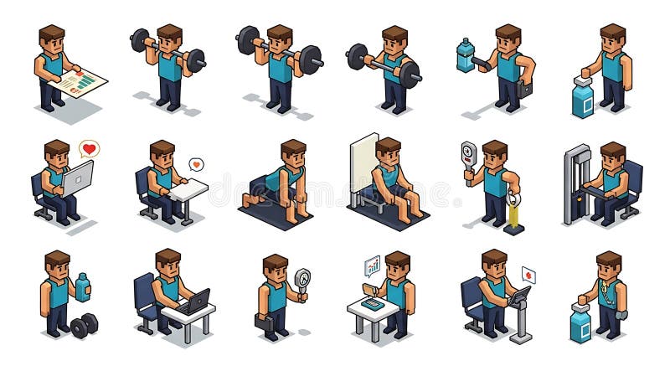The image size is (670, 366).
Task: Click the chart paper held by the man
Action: (82, 82)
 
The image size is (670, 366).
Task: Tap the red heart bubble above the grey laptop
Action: (89, 149)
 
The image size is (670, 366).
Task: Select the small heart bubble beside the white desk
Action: (196, 164)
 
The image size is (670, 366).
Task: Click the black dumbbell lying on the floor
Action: (84, 325)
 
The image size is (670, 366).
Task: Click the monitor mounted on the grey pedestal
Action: (521, 296)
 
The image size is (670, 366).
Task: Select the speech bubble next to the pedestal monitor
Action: (528, 275)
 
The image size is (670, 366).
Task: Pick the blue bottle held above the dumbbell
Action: (83, 286)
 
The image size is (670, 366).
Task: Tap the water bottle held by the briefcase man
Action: (465, 55)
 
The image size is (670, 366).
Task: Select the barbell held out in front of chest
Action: (383, 64)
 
